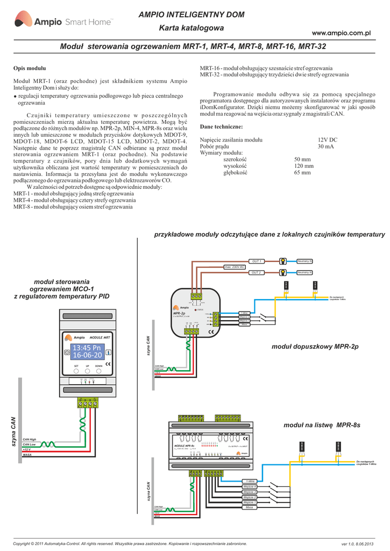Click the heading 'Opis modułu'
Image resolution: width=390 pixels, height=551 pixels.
[29, 68]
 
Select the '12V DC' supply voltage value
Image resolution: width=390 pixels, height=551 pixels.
[327, 139]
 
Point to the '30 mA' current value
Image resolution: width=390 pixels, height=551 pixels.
[325, 146]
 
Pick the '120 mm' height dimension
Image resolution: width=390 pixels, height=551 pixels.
[303, 166]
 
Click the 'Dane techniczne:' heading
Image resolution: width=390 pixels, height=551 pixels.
[221, 126]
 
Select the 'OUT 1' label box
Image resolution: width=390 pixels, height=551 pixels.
[257, 262]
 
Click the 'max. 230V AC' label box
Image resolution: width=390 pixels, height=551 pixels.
[235, 267]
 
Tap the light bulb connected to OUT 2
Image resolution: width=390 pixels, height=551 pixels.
[282, 273]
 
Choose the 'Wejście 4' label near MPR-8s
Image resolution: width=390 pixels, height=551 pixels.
[250, 486]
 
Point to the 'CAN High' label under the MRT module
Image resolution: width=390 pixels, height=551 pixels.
[30, 439]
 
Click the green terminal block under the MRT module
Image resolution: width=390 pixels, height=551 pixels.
[87, 402]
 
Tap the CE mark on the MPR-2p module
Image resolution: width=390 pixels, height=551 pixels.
[211, 332]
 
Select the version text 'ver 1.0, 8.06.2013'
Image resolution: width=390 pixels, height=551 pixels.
[356, 543]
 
